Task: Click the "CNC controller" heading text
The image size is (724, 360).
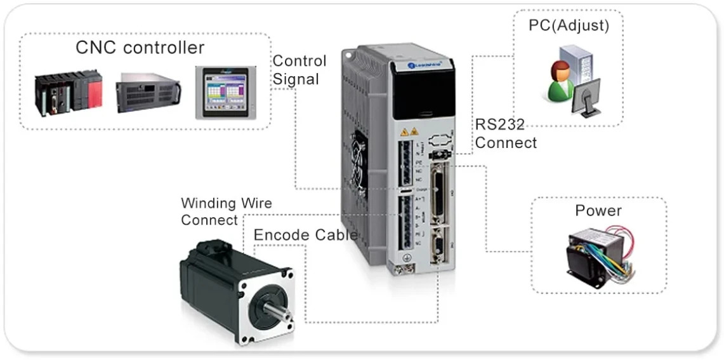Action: tap(140, 48)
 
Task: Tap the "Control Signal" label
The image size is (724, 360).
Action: tap(299, 70)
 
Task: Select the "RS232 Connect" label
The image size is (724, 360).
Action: tap(505, 133)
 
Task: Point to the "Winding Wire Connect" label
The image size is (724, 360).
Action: tap(226, 211)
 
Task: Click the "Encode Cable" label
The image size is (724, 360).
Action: tap(305, 235)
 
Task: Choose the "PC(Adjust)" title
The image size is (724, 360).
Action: tap(569, 26)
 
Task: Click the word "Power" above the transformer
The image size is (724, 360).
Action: tap(598, 211)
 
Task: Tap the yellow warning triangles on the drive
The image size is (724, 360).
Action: tap(408, 133)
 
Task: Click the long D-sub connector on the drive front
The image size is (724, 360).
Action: tap(437, 191)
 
